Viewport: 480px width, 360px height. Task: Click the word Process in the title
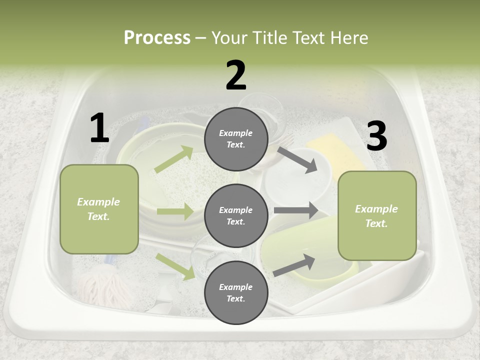tap(157, 37)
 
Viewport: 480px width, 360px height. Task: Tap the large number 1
tap(99, 128)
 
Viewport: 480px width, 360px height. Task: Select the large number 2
tap(236, 75)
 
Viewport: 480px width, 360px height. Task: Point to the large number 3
tap(376, 136)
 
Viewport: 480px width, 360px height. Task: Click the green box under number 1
tap(99, 209)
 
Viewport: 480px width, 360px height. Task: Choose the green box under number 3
tap(377, 215)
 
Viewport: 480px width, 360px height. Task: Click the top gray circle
tap(236, 138)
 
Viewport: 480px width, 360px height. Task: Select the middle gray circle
tap(236, 215)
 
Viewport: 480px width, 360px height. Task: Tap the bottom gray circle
tap(236, 292)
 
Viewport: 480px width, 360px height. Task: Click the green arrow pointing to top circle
tap(174, 159)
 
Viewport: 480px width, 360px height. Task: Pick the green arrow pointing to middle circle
tap(175, 211)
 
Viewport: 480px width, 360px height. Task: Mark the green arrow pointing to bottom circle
tap(175, 266)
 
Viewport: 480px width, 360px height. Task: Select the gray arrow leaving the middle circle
tap(296, 210)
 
